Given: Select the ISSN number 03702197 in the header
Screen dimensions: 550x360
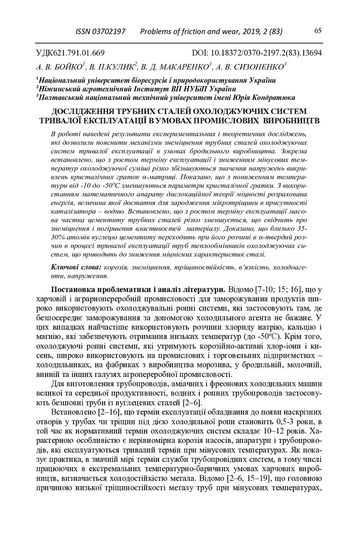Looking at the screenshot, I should point(107,32).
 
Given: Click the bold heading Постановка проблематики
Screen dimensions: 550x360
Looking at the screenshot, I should point(107,291).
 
